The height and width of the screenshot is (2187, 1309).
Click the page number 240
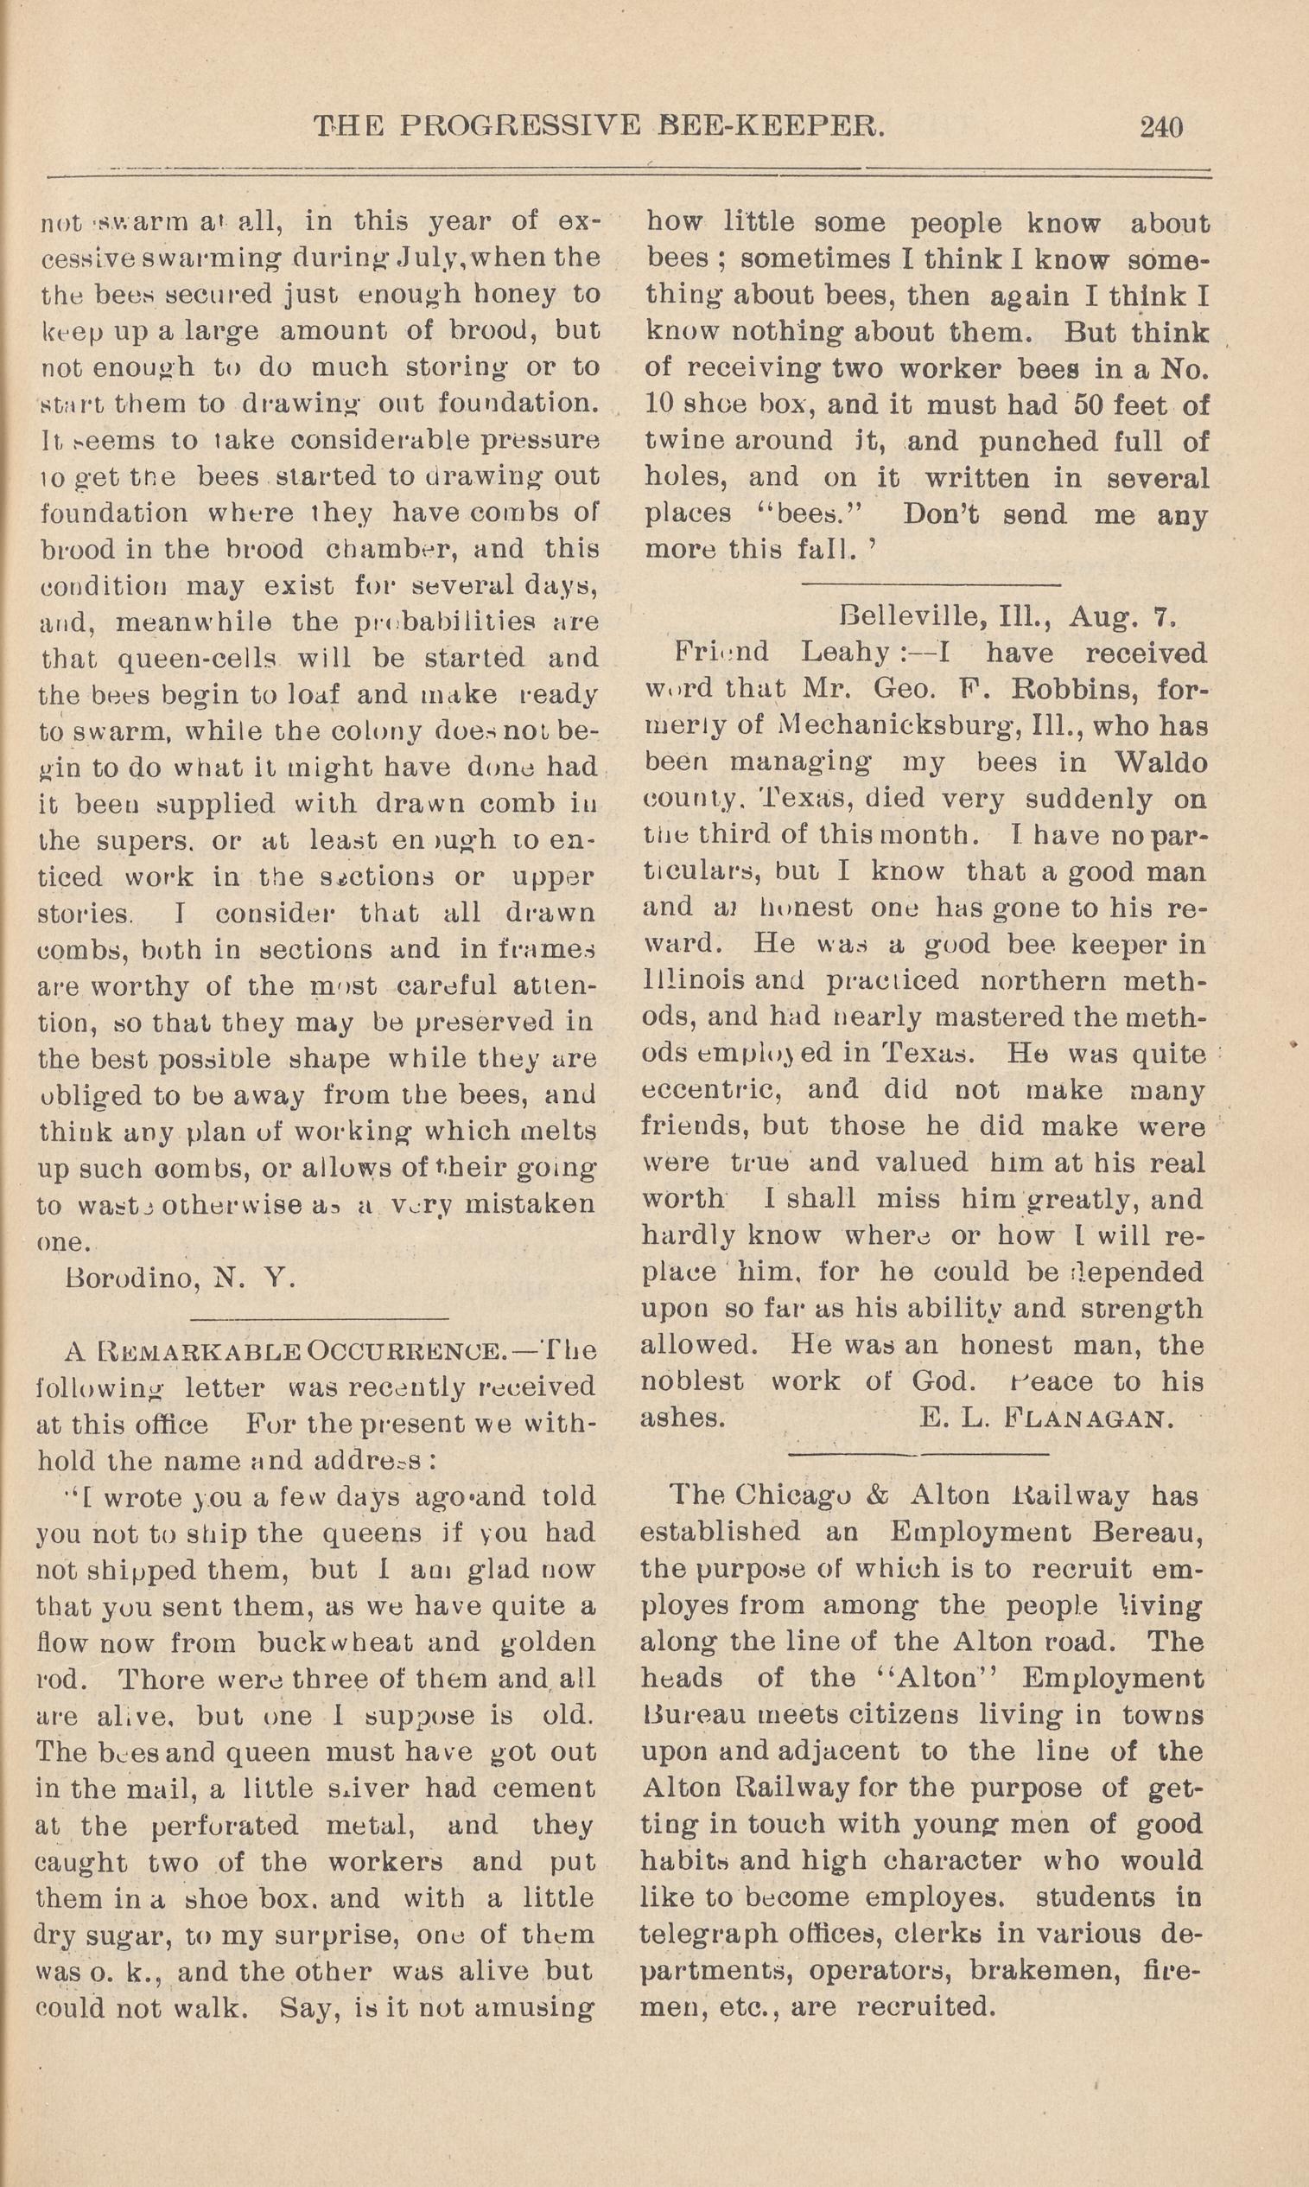pos(1160,128)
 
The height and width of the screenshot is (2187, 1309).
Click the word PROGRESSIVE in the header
pos(518,128)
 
